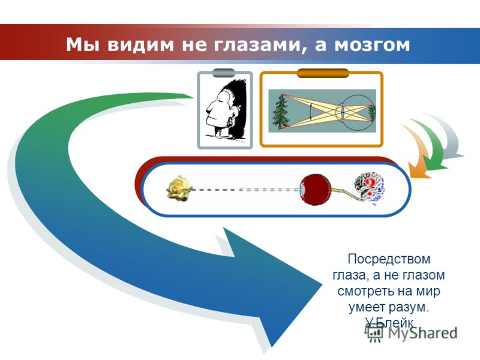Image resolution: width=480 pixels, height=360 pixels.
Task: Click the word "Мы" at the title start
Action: pos(79,44)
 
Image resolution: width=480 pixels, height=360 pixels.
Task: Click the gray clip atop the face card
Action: pos(224,73)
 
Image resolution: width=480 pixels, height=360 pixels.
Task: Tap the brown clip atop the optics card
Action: pos(323,73)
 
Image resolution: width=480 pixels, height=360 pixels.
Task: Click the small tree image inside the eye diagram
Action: pos(371,113)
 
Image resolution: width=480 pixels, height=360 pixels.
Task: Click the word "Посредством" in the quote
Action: pos(389,259)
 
